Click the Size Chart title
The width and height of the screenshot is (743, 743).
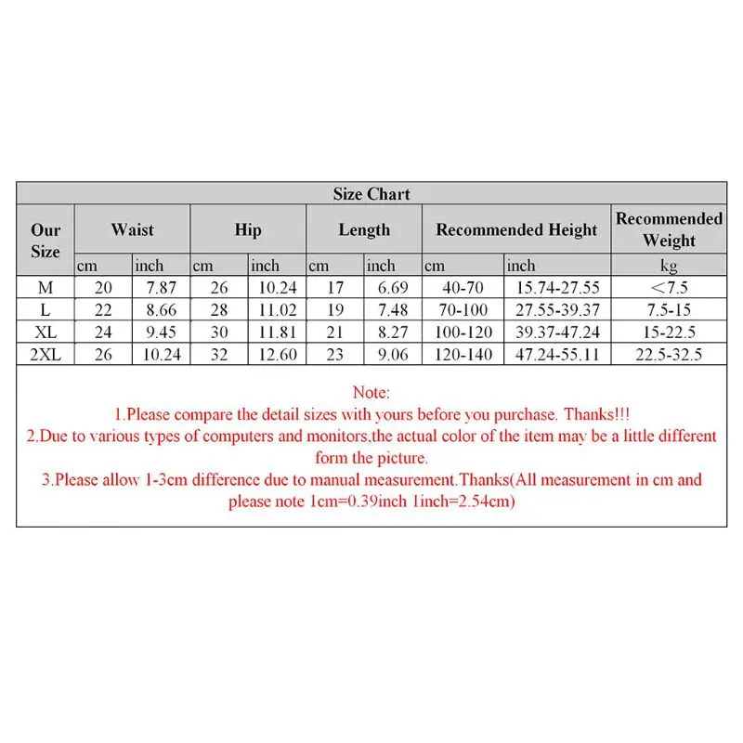click(371, 194)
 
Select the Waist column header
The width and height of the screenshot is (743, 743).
click(132, 229)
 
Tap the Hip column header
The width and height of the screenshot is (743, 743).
click(248, 229)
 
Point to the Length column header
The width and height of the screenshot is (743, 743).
click(364, 229)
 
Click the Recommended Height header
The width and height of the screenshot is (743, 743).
click(516, 229)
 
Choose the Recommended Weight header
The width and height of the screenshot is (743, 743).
click(669, 229)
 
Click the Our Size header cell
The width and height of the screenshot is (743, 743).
click(46, 241)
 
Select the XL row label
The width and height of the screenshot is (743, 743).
click(46, 332)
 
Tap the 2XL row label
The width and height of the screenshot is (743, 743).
click(46, 354)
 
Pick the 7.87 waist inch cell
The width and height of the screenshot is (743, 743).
click(161, 287)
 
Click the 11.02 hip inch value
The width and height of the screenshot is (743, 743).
click(277, 309)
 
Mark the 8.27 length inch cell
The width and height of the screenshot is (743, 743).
click(393, 332)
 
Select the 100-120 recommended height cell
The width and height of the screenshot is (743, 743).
click(463, 332)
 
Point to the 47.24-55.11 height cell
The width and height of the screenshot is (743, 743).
click(558, 354)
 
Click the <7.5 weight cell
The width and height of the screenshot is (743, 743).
click(669, 287)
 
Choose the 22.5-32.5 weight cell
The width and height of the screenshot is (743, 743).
click(669, 354)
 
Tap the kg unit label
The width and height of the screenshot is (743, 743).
click(669, 266)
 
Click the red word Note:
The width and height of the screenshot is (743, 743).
click(371, 393)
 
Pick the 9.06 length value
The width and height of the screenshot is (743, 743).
click(393, 354)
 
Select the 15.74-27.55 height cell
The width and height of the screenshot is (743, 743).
click(558, 287)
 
